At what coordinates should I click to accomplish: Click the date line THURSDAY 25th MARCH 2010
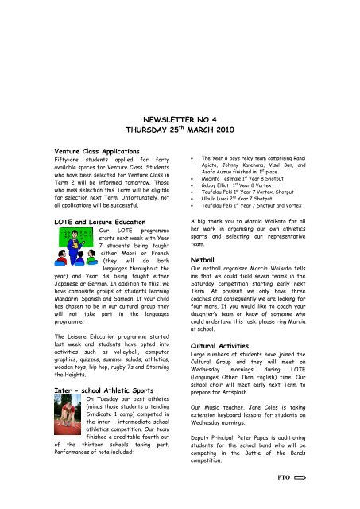pos(180,130)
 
